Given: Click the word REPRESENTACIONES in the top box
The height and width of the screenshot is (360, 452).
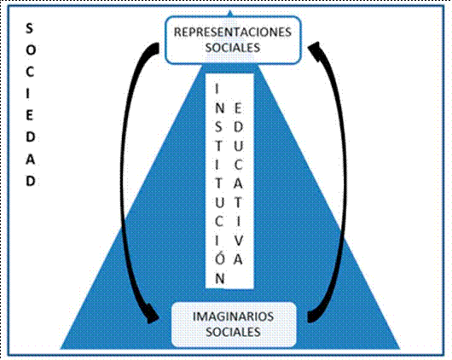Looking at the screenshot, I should (x=233, y=32).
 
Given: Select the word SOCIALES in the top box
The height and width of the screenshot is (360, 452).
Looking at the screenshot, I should (x=233, y=48).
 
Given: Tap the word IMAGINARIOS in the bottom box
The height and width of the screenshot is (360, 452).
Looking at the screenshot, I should (x=233, y=316).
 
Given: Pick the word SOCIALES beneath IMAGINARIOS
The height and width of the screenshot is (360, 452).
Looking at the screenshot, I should (x=233, y=332).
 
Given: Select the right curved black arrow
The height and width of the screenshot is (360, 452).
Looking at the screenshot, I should (x=337, y=179).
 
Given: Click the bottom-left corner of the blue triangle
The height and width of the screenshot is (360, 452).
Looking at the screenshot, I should (x=61, y=347).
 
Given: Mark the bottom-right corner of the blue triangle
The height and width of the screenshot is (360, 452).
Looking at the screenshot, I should (x=399, y=347).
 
